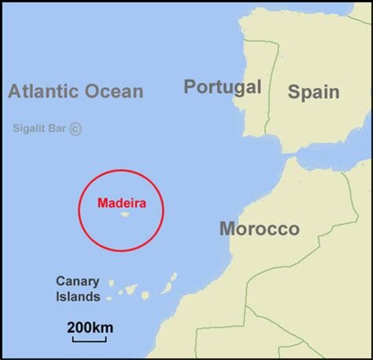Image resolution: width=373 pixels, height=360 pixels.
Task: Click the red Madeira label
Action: [121, 203]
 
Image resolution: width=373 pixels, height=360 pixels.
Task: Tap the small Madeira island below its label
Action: [124, 213]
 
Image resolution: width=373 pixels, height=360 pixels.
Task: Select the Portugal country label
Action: [223, 86]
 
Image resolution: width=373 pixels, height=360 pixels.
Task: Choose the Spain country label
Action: [313, 92]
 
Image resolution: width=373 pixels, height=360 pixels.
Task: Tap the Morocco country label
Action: [259, 229]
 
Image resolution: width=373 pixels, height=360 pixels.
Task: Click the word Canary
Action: [77, 281]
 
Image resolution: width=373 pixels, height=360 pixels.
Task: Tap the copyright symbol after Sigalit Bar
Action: [76, 129]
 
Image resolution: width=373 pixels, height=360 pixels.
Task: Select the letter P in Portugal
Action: [190, 86]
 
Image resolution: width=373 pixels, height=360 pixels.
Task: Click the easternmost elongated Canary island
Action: [167, 288]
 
